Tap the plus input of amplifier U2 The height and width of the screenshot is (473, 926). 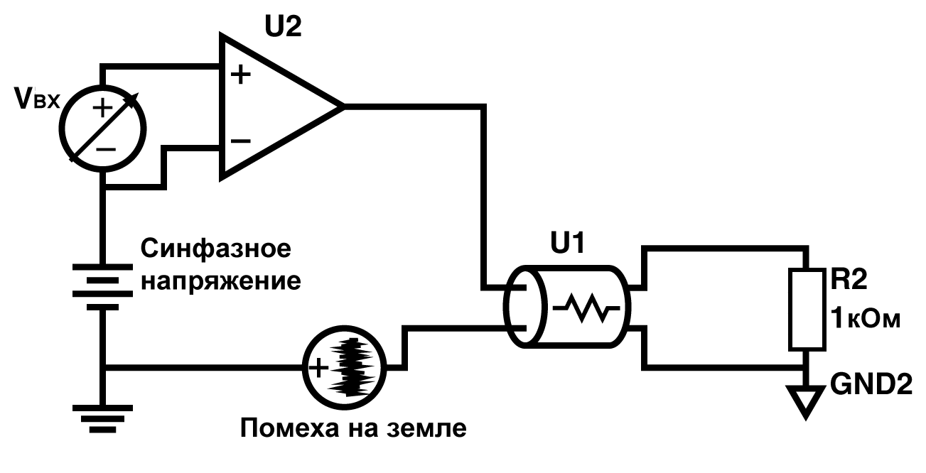tap(242, 74)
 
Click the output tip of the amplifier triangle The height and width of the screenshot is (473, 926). tap(342, 107)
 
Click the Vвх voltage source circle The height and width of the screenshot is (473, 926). tap(103, 127)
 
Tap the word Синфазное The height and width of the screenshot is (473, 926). tap(216, 249)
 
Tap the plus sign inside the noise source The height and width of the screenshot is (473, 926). tap(318, 367)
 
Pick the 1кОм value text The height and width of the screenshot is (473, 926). tap(865, 317)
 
